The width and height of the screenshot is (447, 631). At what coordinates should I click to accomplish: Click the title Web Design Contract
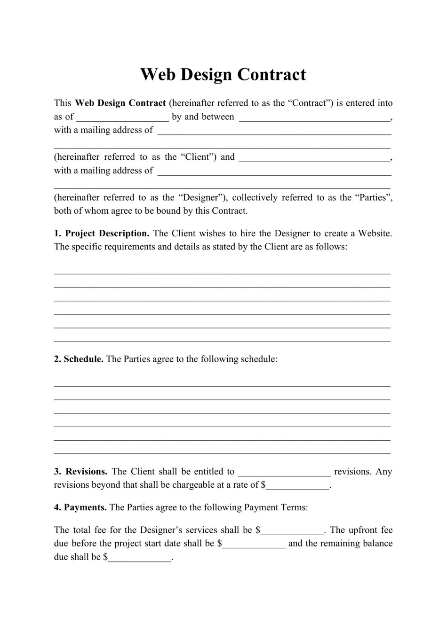pyautogui.click(x=223, y=75)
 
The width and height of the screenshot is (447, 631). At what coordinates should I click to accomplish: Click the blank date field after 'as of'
pyautogui.click(x=122, y=117)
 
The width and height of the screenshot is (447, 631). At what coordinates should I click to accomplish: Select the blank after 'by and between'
pyautogui.click(x=314, y=117)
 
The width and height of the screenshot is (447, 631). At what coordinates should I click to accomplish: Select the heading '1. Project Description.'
pyautogui.click(x=102, y=234)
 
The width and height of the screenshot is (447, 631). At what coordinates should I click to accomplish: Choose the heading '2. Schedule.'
pyautogui.click(x=79, y=359)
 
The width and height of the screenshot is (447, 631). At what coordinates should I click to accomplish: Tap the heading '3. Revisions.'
pyautogui.click(x=80, y=472)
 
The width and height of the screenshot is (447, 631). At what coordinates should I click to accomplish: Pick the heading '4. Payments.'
pyautogui.click(x=80, y=508)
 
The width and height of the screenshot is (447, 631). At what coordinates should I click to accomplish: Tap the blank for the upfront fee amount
pyautogui.click(x=254, y=544)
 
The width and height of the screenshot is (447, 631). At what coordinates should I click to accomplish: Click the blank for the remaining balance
pyautogui.click(x=140, y=558)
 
